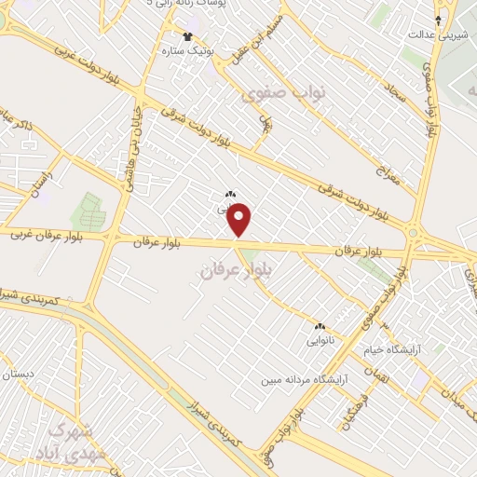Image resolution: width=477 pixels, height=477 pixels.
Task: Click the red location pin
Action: [x=240, y=220]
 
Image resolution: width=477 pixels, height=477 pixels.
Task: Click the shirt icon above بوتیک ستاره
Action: [x=189, y=36]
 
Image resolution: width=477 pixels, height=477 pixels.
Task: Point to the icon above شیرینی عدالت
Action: [x=439, y=18]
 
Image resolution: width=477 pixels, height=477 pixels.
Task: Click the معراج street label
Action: [x=385, y=168]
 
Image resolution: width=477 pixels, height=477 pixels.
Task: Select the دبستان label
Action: [x=17, y=375]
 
